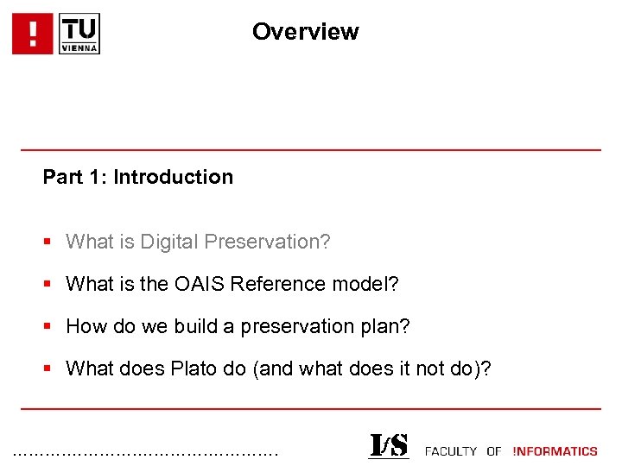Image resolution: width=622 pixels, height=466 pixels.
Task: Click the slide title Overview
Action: pyautogui.click(x=305, y=32)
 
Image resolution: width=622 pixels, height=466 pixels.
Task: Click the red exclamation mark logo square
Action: pyautogui.click(x=33, y=34)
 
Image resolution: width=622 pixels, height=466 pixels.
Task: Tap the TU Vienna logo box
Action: pyautogui.click(x=79, y=34)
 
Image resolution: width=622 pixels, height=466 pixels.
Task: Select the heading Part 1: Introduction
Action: pyautogui.click(x=138, y=177)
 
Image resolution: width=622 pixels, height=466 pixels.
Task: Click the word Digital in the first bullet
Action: pyautogui.click(x=166, y=242)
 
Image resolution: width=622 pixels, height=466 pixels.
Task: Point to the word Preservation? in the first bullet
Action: pyautogui.click(x=266, y=242)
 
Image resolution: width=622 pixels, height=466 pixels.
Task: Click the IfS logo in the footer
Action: pyautogui.click(x=389, y=446)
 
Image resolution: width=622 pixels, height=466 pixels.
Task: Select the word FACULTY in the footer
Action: pyautogui.click(x=451, y=451)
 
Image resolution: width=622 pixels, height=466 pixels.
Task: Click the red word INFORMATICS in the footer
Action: pyautogui.click(x=555, y=451)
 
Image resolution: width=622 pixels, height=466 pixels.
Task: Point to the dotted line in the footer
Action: pyautogui.click(x=147, y=453)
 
